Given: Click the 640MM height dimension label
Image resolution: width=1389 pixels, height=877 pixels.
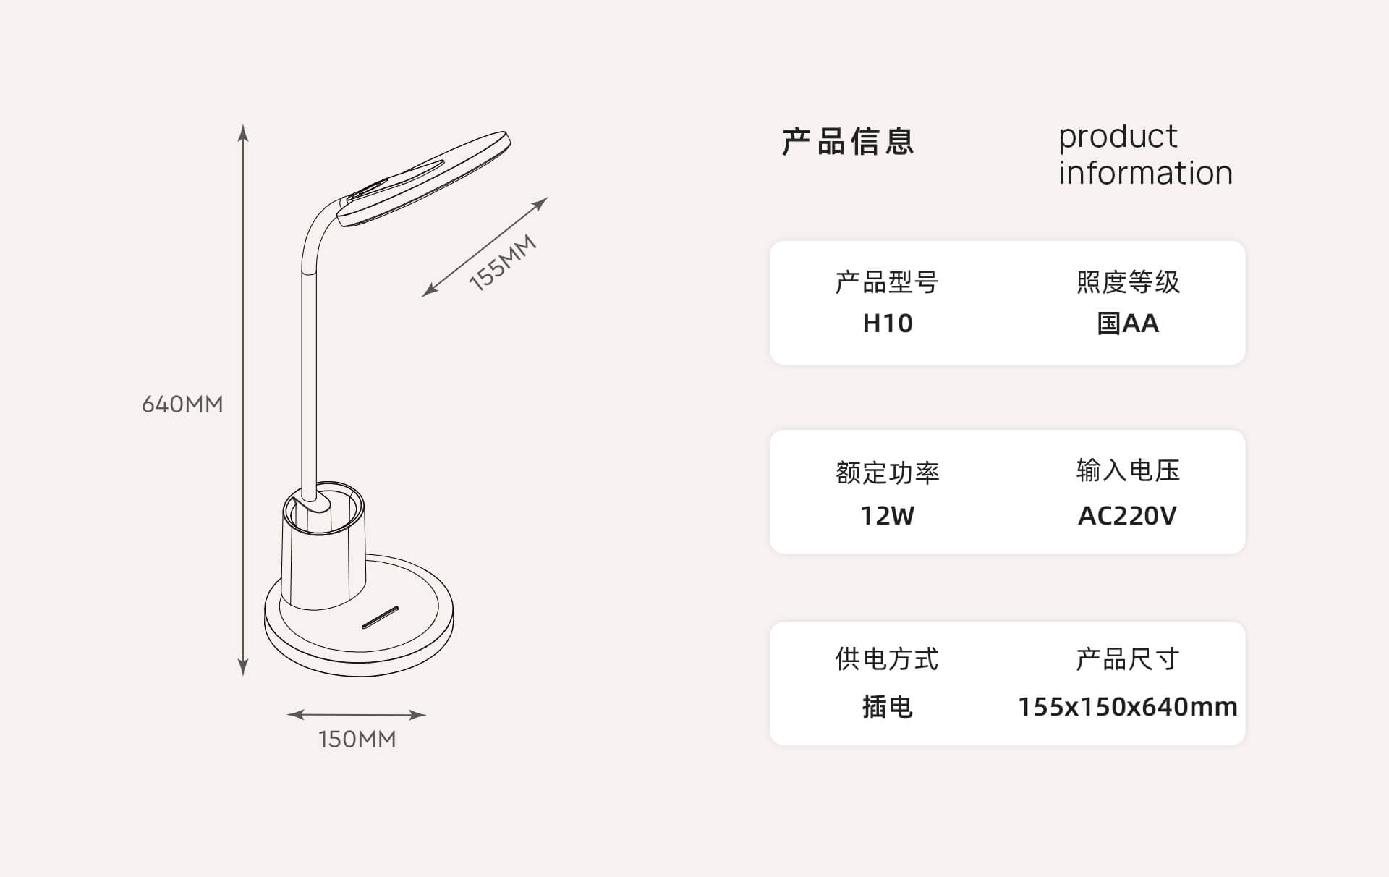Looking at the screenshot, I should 182,404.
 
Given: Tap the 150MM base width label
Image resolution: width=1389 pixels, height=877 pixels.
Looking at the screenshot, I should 357,739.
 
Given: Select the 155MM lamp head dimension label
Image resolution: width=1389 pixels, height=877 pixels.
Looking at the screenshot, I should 503,263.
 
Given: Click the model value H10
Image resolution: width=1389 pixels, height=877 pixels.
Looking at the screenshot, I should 888,323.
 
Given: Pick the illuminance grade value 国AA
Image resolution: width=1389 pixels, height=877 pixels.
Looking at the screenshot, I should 1128,323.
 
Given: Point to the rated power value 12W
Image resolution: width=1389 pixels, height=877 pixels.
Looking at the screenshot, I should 888,515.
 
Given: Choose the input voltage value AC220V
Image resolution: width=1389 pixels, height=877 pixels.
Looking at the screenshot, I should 1128,515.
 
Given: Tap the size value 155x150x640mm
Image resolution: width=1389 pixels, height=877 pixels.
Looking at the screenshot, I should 1128,706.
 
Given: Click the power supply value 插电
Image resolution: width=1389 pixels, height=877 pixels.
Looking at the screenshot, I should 888,706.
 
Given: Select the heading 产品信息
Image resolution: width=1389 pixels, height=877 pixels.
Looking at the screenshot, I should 848,141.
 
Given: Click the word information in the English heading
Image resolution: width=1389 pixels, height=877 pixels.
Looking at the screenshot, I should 1145,173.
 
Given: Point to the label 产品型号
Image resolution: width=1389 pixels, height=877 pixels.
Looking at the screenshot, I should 888,281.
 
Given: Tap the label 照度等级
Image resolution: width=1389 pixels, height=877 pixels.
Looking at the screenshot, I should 1128,281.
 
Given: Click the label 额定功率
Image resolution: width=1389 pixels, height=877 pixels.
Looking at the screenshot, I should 888,472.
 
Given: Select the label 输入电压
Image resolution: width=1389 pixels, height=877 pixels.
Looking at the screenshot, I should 1128,470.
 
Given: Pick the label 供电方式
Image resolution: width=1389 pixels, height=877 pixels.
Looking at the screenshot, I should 888,659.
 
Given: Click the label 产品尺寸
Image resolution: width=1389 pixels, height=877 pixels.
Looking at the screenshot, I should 1128,659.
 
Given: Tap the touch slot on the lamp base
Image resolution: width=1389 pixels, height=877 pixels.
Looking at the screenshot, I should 380,617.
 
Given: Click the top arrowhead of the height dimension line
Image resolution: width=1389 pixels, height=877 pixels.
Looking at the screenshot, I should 244,132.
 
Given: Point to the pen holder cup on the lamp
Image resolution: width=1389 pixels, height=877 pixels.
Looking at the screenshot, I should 323,550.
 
